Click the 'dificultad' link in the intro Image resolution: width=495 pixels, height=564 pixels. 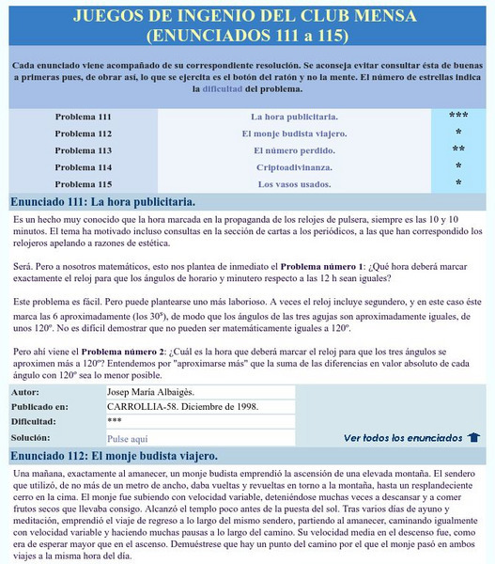(216, 89)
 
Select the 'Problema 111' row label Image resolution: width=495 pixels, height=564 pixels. (83, 117)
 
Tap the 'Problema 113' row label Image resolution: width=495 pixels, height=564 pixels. (83, 150)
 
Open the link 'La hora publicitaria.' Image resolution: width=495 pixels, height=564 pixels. (294, 117)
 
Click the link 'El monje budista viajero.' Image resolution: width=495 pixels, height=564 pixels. (294, 133)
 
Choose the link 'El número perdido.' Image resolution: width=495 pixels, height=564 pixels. (294, 150)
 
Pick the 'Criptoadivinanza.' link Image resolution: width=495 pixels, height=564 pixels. (294, 167)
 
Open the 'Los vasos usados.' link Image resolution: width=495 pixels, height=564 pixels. (294, 184)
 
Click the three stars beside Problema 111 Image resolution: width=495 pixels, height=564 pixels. (458, 117)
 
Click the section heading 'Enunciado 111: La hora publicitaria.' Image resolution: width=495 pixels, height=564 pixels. (102, 202)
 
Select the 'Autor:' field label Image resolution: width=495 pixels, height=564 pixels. (26, 390)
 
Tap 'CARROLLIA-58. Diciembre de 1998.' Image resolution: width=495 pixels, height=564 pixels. (183, 406)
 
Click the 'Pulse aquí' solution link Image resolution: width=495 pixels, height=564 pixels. (128, 439)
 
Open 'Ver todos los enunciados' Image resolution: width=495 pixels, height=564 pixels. (403, 438)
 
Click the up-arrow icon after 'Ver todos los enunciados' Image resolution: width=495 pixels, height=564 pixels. (474, 438)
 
